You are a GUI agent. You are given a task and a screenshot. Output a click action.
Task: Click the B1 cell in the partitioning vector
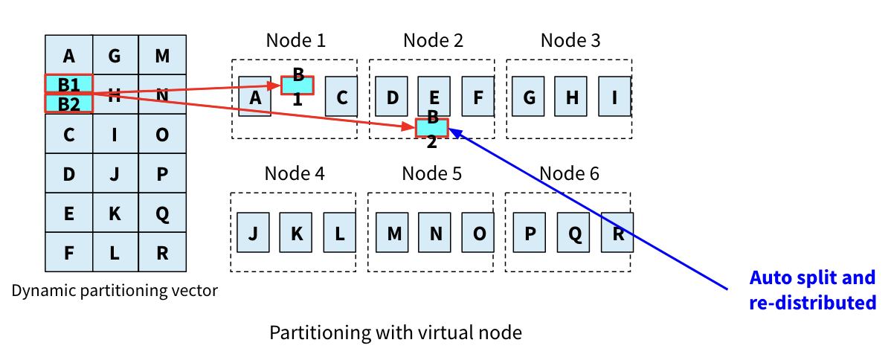coord(68,83)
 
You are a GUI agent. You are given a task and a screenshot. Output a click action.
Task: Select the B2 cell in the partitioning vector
coord(68,103)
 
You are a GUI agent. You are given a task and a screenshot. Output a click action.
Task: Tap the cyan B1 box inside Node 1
coord(298,86)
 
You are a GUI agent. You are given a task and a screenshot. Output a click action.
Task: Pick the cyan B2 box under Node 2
coord(432,128)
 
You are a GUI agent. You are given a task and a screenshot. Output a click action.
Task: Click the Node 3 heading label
coord(570,40)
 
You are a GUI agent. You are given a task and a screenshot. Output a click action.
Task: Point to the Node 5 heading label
coord(432,174)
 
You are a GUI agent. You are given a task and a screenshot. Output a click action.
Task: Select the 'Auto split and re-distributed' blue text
coord(812,290)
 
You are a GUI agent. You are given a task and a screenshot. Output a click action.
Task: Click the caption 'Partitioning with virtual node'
coord(395,332)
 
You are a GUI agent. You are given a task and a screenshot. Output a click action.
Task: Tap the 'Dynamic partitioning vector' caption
coord(115,291)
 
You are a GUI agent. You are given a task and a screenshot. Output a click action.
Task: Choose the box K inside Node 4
coord(296,233)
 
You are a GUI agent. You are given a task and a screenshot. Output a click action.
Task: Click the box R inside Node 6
coord(617,233)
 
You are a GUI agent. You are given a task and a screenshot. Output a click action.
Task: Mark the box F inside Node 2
coord(477,97)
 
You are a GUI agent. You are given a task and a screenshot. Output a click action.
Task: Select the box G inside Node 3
coord(528,97)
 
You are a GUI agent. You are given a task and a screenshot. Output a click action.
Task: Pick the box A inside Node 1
coord(255,97)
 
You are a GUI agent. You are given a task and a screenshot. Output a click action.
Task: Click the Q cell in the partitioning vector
coord(162,213)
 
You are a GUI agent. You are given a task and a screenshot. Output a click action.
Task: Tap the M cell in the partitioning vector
coord(162,55)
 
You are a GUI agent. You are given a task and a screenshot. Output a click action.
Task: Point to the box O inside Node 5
coord(479,233)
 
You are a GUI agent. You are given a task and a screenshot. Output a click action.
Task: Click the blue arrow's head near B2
coord(451,130)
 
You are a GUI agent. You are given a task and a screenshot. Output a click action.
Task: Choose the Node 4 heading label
coord(295,174)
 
